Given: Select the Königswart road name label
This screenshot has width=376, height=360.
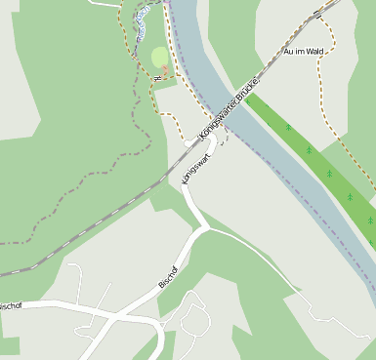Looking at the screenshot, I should (x=195, y=161).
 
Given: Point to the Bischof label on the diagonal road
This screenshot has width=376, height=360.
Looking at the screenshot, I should (x=167, y=276).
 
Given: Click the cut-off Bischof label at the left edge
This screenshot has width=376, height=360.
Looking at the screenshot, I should (x=10, y=305).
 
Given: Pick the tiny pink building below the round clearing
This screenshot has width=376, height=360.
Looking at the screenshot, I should (x=163, y=73).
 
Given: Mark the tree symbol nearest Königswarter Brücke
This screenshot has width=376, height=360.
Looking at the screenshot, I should (x=288, y=128).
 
